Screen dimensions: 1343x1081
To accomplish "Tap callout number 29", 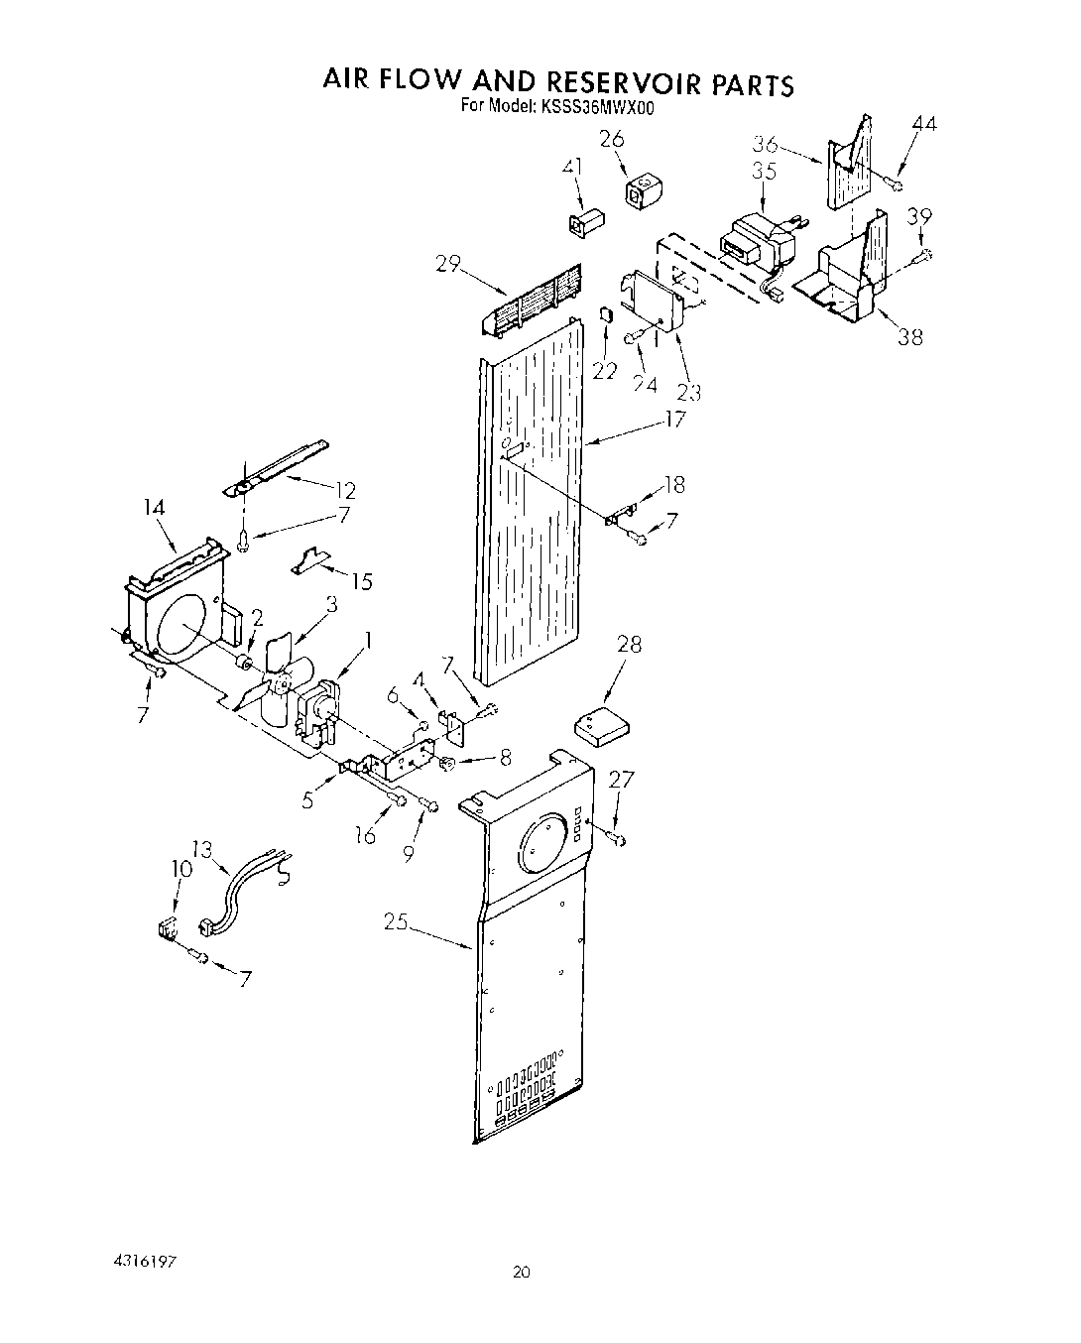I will tap(447, 264).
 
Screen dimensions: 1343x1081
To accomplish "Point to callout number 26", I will tap(612, 139).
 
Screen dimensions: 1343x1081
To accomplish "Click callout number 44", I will tap(923, 124).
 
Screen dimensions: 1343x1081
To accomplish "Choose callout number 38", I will tap(909, 337).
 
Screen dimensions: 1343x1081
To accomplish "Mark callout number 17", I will tap(674, 420).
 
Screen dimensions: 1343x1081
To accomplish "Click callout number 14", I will tap(155, 508).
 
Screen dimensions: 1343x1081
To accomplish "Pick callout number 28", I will tap(629, 645).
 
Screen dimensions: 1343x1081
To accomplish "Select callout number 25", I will tap(397, 922).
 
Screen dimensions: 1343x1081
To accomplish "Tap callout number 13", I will tap(202, 849).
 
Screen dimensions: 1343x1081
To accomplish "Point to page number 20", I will tap(524, 1272).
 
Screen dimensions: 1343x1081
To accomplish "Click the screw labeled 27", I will tap(619, 840).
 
